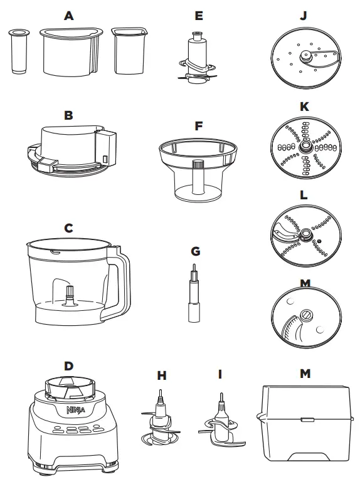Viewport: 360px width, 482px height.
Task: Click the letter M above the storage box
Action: [304, 374]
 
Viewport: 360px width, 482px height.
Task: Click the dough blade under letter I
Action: [220, 422]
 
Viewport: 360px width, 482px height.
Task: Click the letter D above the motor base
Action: [68, 364]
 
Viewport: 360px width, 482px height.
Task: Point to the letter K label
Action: [304, 107]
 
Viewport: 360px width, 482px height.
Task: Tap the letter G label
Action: [195, 251]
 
